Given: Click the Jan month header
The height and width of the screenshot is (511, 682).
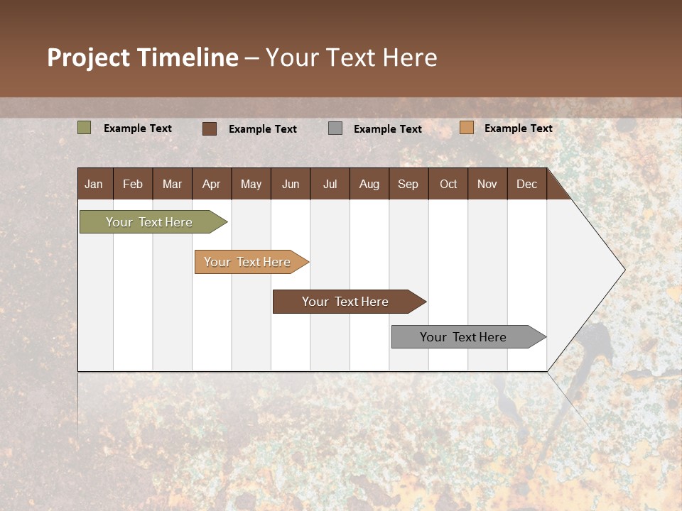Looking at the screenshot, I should coord(94,184).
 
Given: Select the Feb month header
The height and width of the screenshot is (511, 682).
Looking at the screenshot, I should coord(133,184).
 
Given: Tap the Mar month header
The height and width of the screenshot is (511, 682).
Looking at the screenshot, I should coord(172,184).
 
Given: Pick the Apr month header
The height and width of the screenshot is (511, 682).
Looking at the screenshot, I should coord(211,184).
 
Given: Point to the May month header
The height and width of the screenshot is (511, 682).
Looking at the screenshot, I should coord(251,184).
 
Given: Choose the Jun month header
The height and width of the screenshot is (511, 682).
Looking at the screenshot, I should coord(291,184).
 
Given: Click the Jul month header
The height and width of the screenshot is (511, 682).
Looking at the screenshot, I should coord(330,184).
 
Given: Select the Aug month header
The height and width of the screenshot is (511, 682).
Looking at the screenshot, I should coord(369,184).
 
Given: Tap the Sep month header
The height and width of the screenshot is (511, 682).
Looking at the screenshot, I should coord(408,184).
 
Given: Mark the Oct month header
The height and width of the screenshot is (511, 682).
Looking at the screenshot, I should coord(448,184).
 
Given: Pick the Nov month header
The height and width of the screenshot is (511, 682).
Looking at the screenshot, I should coord(487,184).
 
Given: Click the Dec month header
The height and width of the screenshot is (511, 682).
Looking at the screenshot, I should coord(526,184).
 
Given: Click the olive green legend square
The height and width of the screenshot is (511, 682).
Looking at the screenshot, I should coord(85,128).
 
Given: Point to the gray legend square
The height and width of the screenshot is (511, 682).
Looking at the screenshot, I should coord(335,128).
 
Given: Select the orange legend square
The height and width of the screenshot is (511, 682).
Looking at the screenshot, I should coord(466,128).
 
